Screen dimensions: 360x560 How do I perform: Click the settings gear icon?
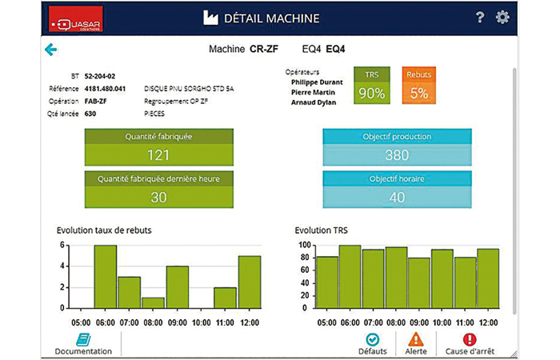pyautogui.click(x=502, y=18)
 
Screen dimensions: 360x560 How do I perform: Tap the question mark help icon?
pyautogui.click(x=480, y=18)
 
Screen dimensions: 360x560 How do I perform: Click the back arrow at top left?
pyautogui.click(x=51, y=50)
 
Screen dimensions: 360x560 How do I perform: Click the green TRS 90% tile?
pyautogui.click(x=372, y=86)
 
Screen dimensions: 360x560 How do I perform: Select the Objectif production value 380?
pyautogui.click(x=397, y=154)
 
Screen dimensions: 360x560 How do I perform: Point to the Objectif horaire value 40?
pyautogui.click(x=397, y=197)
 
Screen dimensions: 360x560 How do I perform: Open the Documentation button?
pyautogui.click(x=82, y=344)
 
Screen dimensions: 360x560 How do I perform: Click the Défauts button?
pyautogui.click(x=373, y=344)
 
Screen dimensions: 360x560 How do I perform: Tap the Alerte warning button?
pyautogui.click(x=415, y=344)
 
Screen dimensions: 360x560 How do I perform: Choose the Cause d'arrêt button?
pyautogui.click(x=470, y=344)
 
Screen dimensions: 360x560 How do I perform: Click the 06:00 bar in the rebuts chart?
pyautogui.click(x=105, y=276)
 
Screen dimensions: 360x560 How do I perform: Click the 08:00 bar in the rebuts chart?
pyautogui.click(x=153, y=302)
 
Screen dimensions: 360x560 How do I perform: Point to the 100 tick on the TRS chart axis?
pyautogui.click(x=304, y=245)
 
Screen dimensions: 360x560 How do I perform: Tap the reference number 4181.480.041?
pyautogui.click(x=106, y=89)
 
